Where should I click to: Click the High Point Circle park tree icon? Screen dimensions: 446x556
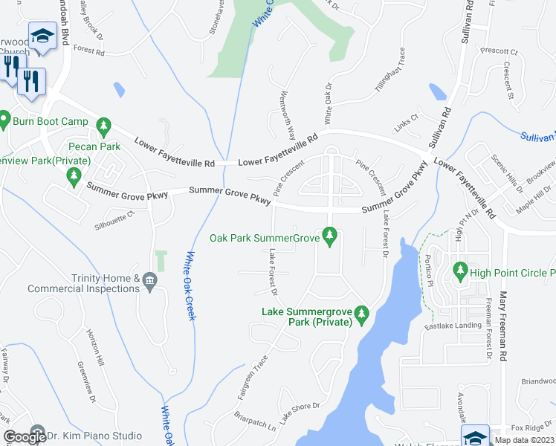click(x=460, y=272)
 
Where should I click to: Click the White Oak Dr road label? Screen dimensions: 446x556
click(x=327, y=105)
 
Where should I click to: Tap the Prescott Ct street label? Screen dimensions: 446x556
click(x=499, y=52)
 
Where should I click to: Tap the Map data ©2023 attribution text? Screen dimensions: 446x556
click(x=523, y=440)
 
